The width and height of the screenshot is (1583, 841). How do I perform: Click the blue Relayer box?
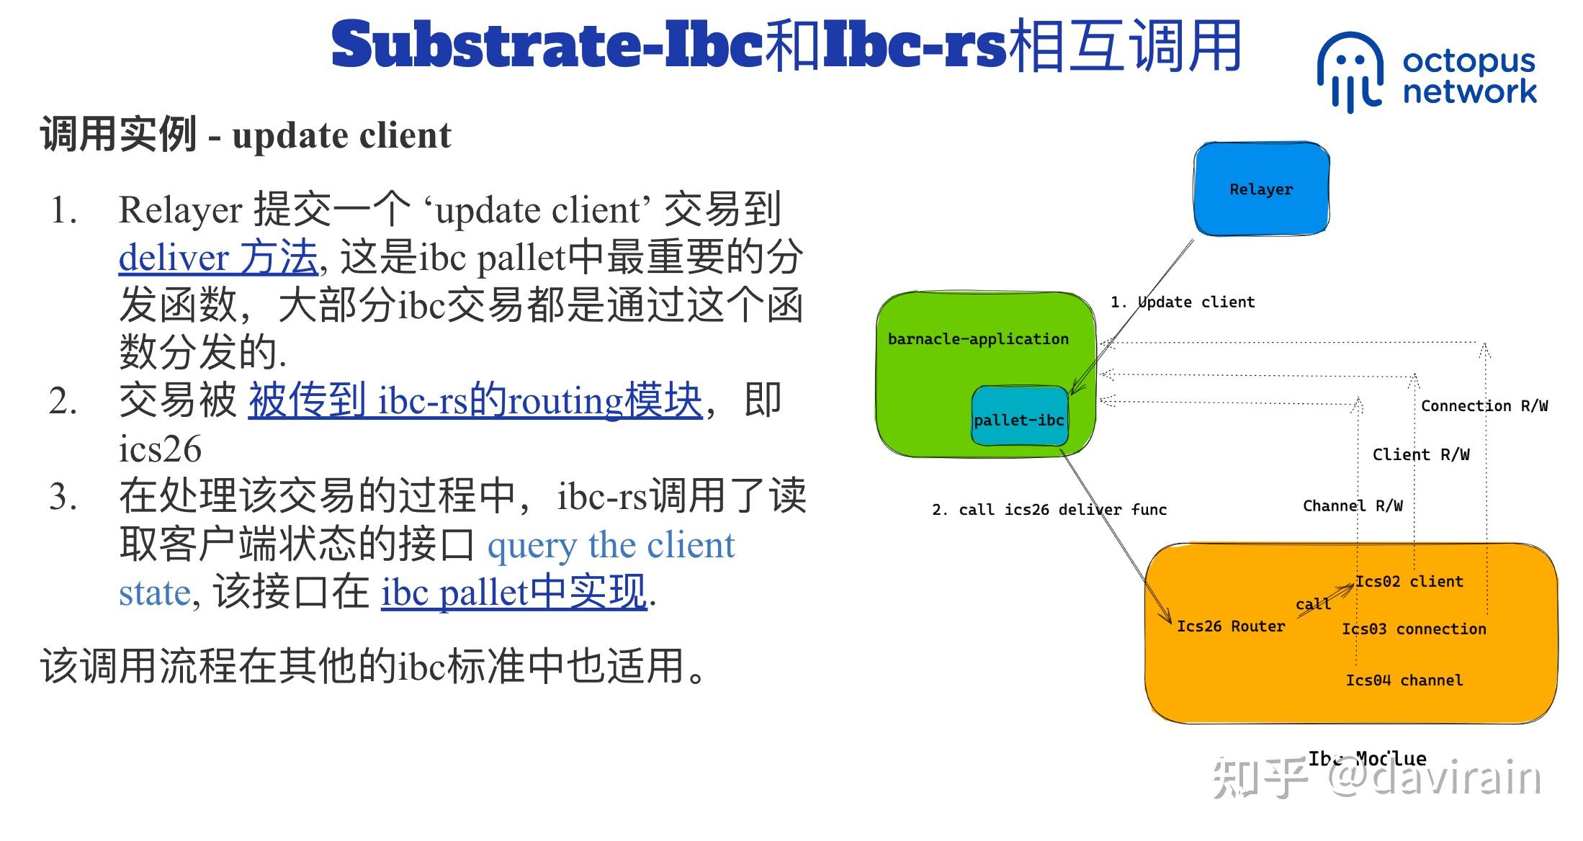tap(1261, 189)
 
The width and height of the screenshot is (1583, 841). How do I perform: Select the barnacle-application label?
tap(978, 338)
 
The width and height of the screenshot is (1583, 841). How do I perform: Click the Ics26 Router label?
tap(1230, 626)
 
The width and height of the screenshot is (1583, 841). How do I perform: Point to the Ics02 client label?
tap(1409, 581)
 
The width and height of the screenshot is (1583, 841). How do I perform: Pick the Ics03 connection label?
tap(1414, 629)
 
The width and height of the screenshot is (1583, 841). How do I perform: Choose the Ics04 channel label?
tap(1404, 680)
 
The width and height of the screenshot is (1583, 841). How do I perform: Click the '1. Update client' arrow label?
tap(1182, 302)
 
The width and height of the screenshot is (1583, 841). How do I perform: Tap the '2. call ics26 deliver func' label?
tap(1049, 509)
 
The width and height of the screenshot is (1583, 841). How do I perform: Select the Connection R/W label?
tap(1484, 405)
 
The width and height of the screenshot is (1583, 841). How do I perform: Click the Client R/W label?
tap(1420, 454)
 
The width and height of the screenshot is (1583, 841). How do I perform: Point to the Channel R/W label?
tap(1352, 505)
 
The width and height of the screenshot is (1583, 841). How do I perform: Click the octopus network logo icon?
tap(1349, 72)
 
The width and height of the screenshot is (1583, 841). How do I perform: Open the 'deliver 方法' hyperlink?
tap(218, 257)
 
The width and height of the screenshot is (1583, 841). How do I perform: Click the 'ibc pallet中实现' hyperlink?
tap(513, 593)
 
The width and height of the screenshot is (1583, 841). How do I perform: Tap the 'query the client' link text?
tap(611, 545)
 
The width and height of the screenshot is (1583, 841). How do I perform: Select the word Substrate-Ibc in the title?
tap(547, 45)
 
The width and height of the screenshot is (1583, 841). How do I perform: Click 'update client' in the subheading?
tap(341, 135)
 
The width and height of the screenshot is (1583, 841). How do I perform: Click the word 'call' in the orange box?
tap(1313, 604)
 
